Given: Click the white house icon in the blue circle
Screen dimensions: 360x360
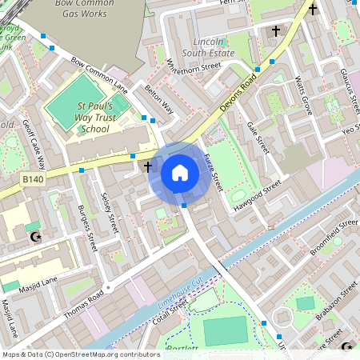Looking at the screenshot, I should [180, 172].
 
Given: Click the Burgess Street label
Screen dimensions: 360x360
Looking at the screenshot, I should [89, 228].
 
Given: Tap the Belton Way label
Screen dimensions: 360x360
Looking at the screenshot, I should [159, 101].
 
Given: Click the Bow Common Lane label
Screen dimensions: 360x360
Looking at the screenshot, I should [99, 74].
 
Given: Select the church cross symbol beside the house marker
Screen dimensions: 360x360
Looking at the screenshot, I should [147, 166].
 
